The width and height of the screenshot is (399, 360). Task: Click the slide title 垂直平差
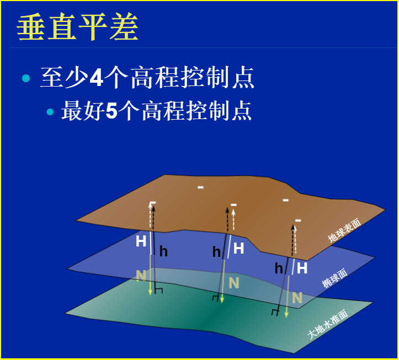[77, 27]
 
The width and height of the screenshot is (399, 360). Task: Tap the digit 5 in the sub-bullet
[111, 111]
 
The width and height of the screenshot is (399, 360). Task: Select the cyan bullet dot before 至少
[25, 78]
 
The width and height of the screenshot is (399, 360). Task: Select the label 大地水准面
[327, 326]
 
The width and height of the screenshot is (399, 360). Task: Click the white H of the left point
[141, 241]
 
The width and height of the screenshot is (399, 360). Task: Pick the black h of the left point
[163, 252]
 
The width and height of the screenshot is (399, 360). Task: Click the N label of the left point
[141, 274]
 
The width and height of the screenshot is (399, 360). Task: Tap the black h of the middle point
[216, 252]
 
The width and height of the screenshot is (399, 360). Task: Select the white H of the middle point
[238, 249]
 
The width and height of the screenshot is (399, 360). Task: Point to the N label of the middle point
[233, 283]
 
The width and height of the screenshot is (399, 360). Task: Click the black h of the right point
[279, 268]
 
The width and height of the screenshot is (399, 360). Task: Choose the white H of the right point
[302, 268]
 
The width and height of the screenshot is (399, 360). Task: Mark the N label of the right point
[297, 298]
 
